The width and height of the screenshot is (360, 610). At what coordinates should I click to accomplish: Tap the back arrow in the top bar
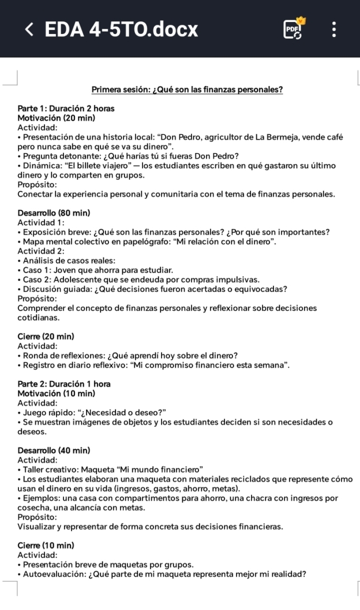pyautogui.click(x=29, y=29)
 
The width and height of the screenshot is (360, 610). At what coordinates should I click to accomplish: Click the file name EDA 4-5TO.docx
pyautogui.click(x=121, y=29)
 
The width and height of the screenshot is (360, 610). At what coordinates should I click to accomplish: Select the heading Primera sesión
pyautogui.click(x=187, y=90)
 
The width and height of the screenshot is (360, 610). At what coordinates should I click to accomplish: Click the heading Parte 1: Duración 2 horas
pyautogui.click(x=66, y=108)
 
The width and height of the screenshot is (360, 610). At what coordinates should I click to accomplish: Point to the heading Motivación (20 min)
pyautogui.click(x=57, y=118)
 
